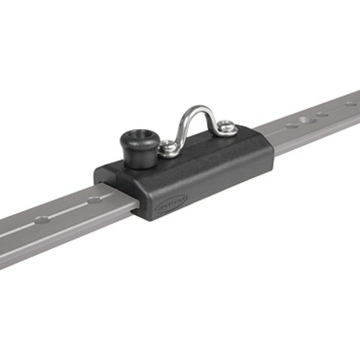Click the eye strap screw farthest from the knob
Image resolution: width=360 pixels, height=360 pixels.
point(226,126)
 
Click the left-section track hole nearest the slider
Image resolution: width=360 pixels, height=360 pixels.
point(94,200)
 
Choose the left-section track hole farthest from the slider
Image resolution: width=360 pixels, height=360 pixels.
point(42,219)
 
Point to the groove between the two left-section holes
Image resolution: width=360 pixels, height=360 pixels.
point(68,210)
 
